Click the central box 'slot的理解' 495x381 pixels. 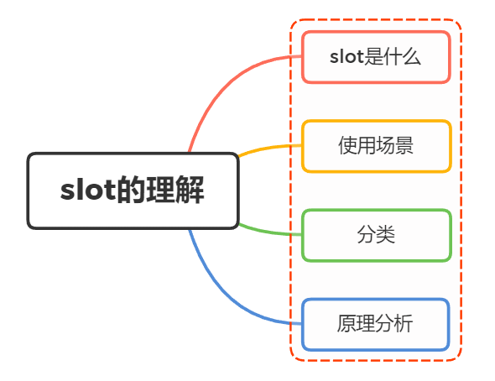click(133, 190)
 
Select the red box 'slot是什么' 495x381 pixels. click(376, 57)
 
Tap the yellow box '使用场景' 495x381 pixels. click(376, 146)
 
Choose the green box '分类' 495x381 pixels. click(376, 235)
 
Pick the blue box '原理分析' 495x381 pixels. click(376, 324)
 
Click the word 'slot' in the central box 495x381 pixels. click(84, 190)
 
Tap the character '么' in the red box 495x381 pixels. click(410, 57)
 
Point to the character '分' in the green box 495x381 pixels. click(367, 235)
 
